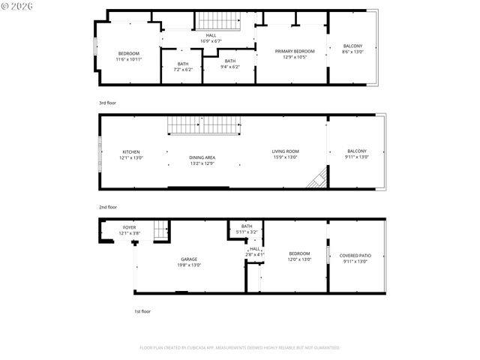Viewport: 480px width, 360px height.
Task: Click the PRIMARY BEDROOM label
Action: tap(294, 51)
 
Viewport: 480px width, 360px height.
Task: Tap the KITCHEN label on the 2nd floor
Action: tap(131, 152)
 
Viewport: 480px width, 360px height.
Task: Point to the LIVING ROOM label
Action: tap(285, 151)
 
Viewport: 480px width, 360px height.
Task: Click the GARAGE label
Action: tap(188, 259)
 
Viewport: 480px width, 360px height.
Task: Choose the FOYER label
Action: tap(130, 227)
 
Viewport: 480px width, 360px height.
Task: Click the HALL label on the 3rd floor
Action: tap(212, 36)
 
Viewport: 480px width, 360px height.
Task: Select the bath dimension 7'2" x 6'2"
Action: tap(183, 69)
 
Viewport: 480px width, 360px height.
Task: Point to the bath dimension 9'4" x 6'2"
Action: tap(229, 67)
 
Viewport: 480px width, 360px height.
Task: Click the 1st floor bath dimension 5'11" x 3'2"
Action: tap(247, 232)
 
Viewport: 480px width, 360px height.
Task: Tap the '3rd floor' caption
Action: tap(107, 103)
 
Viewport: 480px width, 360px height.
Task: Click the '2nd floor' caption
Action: tap(107, 207)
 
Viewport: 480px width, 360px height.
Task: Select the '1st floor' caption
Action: tap(142, 311)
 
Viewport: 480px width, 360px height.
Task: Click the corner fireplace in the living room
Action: tap(319, 179)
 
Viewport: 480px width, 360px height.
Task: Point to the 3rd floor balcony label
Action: tap(352, 48)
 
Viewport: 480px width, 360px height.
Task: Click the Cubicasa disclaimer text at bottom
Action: tap(239, 348)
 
